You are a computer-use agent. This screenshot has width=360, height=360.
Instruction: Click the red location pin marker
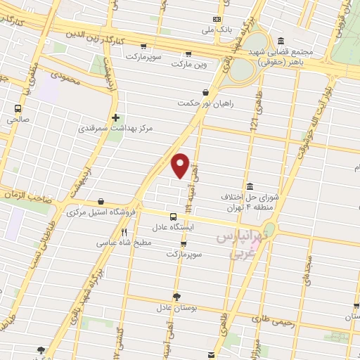pos(181,165)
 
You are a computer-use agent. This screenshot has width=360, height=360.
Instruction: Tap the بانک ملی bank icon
pos(217,19)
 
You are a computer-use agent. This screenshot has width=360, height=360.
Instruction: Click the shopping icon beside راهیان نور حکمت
pos(205,91)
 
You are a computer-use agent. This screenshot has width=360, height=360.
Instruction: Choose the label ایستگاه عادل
pos(172,228)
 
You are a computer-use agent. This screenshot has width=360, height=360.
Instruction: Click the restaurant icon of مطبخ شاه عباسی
pos(124,232)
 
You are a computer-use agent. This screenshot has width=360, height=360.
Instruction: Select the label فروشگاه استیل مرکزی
pos(101,212)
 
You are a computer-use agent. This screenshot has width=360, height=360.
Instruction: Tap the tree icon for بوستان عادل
pos(176,297)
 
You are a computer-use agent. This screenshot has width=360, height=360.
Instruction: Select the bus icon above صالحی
pos(18,108)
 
